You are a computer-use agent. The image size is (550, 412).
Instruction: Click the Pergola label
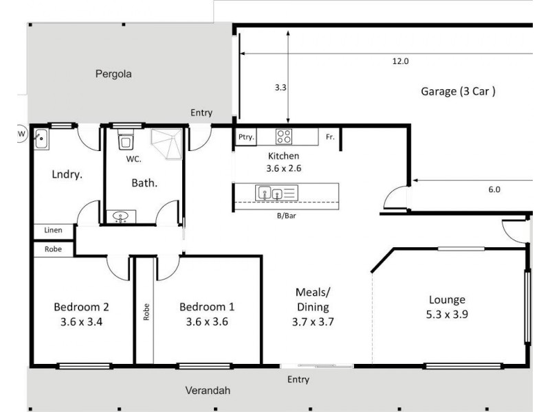(x=113, y=73)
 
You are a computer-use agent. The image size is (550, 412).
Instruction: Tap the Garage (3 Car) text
(x=458, y=91)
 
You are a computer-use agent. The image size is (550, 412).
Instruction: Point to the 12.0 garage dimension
(x=400, y=61)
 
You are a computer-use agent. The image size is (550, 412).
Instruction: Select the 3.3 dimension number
(x=280, y=88)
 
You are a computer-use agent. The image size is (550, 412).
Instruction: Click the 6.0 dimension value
(x=494, y=190)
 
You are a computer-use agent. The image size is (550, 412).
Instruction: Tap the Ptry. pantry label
(x=246, y=137)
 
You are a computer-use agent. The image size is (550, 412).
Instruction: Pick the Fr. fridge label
(x=330, y=137)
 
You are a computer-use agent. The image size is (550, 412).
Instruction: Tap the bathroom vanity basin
(x=122, y=218)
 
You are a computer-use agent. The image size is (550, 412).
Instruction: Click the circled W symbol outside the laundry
(x=21, y=132)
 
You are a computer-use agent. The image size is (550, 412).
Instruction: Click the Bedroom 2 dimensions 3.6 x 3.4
(x=81, y=320)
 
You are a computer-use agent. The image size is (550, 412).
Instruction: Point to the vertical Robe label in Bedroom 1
(x=146, y=313)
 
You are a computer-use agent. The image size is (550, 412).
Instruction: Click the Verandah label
(x=207, y=391)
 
